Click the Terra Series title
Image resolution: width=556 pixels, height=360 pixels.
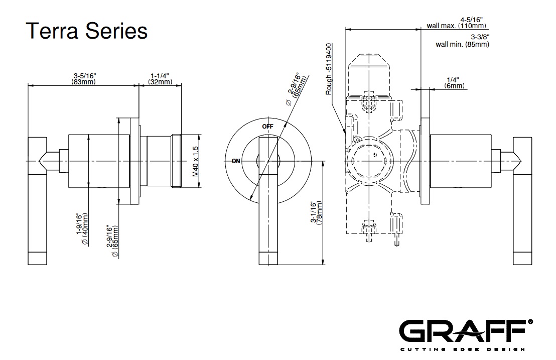tap(86, 31)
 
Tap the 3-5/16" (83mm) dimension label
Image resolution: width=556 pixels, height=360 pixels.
tap(83, 79)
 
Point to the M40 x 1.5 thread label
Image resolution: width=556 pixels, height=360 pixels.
tap(196, 161)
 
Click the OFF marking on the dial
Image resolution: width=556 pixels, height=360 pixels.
tap(267, 127)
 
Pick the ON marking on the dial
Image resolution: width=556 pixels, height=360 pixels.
tap(236, 161)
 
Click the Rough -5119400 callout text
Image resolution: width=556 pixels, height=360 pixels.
tap(329, 69)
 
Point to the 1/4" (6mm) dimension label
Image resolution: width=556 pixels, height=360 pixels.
tap(455, 83)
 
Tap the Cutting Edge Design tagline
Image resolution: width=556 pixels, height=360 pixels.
tap(462, 349)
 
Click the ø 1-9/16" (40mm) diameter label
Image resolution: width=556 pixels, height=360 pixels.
tap(81, 229)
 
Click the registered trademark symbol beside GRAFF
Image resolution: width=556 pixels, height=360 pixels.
tap(530, 321)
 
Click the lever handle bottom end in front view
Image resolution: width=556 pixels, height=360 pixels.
tap(268, 259)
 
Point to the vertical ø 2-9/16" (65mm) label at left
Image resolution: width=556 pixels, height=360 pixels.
tap(112, 241)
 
